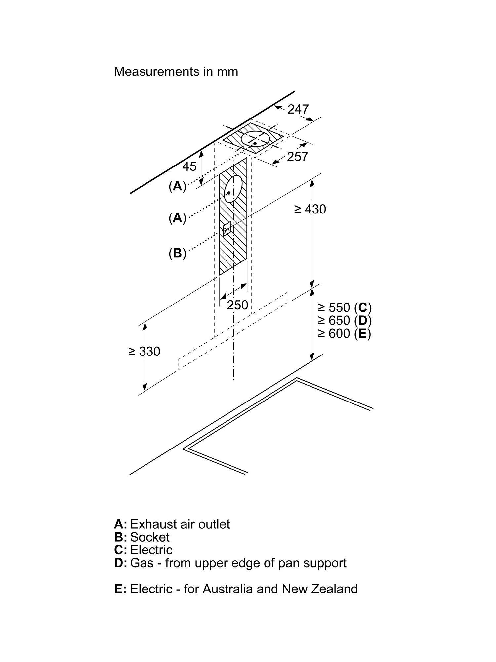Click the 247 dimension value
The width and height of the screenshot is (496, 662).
[x=298, y=109]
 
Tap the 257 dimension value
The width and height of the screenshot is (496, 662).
[x=297, y=157]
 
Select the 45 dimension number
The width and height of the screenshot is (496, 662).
[x=189, y=166]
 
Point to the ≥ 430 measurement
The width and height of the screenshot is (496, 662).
[x=310, y=209]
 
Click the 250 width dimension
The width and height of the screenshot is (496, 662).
[x=237, y=305]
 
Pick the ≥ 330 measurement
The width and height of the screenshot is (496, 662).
[x=144, y=351]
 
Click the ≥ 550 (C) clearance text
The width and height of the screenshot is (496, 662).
[x=345, y=307]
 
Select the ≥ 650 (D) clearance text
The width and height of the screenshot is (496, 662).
[x=345, y=320]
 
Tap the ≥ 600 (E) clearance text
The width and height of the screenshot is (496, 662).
[x=345, y=333]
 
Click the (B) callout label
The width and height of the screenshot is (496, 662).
[x=177, y=253]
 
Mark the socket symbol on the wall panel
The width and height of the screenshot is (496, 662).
[x=227, y=228]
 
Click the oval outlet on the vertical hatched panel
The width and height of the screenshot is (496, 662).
[x=233, y=189]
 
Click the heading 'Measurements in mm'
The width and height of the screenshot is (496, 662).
[x=176, y=71]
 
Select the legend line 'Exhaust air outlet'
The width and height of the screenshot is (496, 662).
[x=180, y=524]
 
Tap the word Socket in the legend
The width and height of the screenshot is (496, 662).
[x=150, y=537]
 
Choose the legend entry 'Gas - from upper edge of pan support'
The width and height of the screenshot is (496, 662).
[x=238, y=563]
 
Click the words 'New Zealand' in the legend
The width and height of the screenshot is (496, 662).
[x=320, y=589]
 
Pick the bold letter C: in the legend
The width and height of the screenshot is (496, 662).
[x=121, y=550]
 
